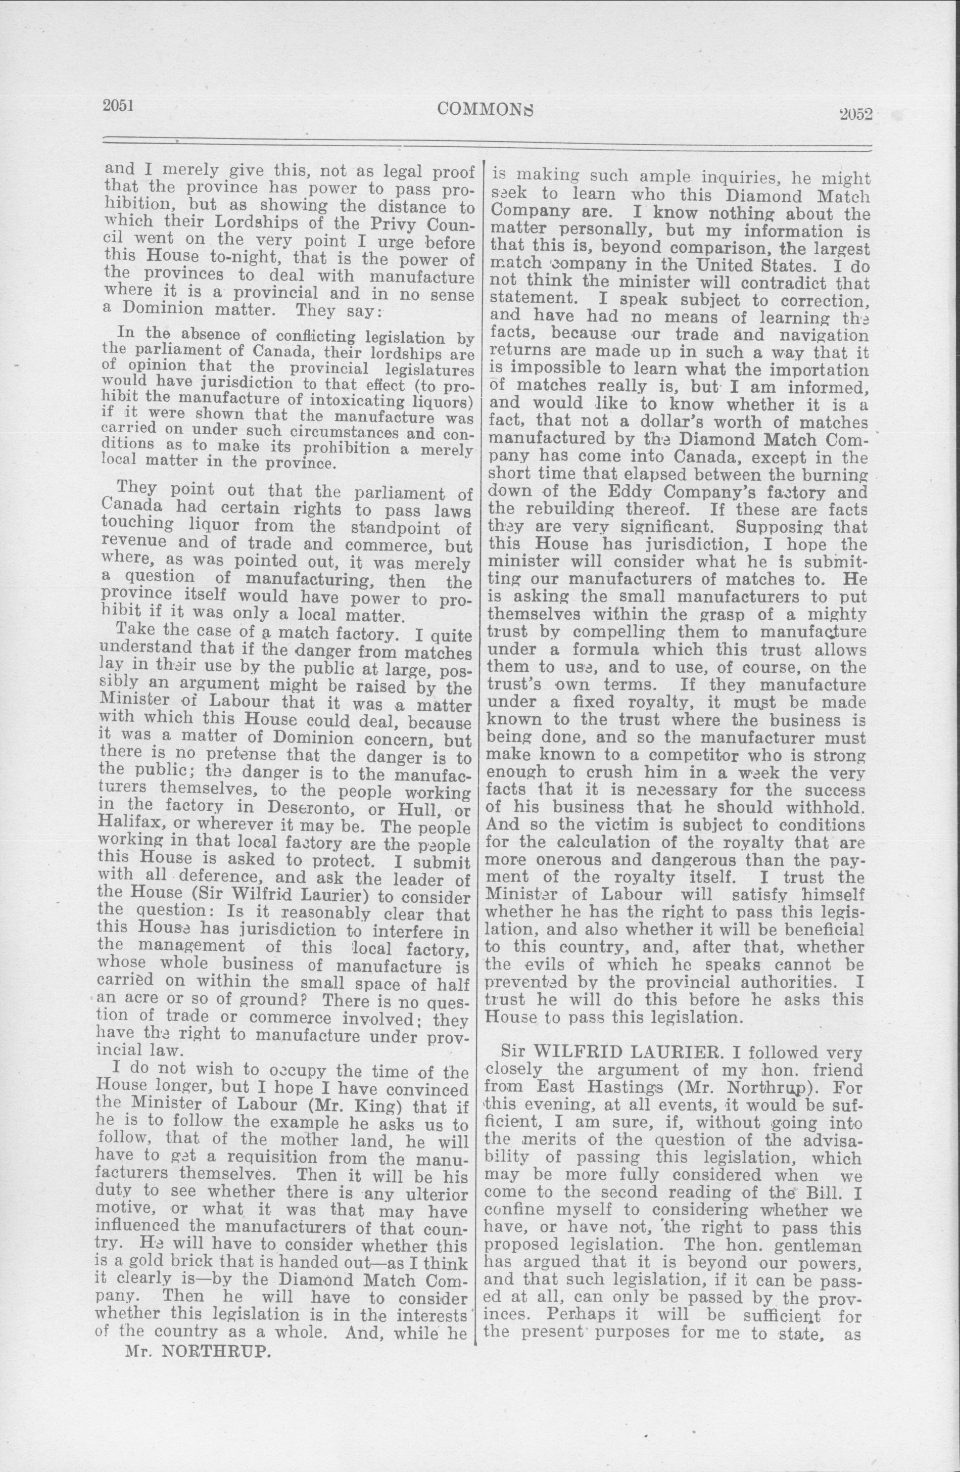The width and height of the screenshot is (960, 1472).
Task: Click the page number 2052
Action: (855, 114)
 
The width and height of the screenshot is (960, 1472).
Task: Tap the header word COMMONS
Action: (485, 110)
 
